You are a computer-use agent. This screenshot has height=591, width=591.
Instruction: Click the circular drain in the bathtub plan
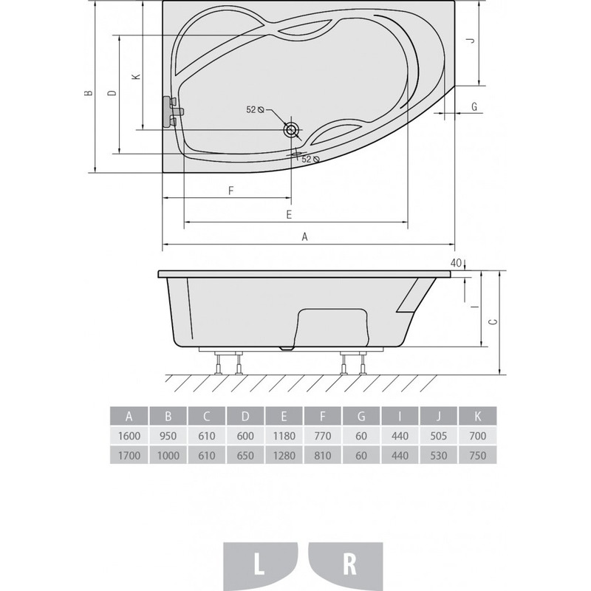[291, 130]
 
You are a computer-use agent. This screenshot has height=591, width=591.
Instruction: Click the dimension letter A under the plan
[305, 236]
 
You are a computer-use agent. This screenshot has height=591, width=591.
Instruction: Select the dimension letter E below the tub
[289, 214]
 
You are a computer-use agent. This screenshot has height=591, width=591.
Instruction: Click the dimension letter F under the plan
[231, 191]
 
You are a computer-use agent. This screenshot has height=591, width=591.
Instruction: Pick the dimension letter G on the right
[474, 106]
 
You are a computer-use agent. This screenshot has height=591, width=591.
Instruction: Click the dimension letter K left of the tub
[137, 77]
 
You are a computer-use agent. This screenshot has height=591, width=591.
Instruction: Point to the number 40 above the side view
[456, 263]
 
